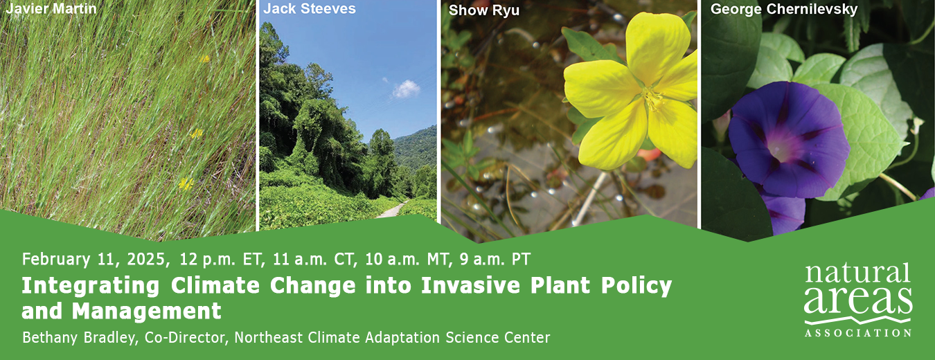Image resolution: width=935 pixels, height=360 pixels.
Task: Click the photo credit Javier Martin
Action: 51,8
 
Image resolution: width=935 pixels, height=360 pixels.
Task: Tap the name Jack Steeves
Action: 310,9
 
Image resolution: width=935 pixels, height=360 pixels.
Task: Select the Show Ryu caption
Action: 484,10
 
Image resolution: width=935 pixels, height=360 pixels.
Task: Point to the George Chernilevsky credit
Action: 784,10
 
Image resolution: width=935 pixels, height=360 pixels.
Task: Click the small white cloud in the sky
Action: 405,89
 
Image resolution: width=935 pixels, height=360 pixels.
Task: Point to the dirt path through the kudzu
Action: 391,210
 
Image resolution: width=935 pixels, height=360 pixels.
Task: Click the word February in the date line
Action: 56,260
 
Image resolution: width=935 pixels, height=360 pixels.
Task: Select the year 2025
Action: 146,260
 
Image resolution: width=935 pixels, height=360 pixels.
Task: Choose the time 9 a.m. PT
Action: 495,260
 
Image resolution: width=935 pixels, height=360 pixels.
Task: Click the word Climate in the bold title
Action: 215,286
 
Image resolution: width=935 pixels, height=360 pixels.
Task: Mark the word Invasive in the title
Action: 470,286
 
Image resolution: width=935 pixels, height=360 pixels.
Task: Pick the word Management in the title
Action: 146,312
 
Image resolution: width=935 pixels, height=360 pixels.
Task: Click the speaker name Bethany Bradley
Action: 79,337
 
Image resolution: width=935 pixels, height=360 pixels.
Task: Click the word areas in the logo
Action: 858,301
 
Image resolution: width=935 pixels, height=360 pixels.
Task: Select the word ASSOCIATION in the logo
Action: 858,333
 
